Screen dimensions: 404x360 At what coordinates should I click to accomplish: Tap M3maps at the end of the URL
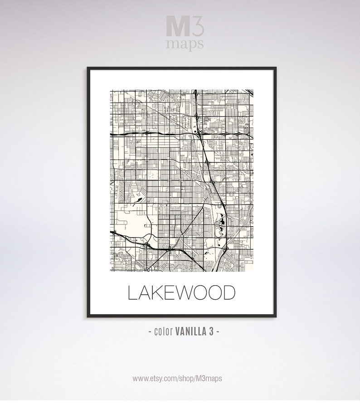point(213,377)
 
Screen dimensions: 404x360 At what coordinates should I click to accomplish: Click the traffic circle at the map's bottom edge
point(148,269)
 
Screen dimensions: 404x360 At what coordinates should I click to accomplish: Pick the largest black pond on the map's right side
point(222,222)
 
